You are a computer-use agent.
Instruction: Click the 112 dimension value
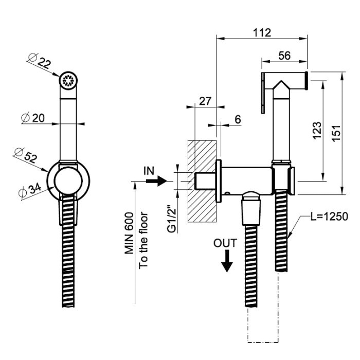(262, 32)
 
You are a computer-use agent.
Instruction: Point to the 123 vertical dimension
(317, 130)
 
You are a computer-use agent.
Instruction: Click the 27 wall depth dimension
(205, 101)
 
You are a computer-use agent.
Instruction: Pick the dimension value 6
(238, 119)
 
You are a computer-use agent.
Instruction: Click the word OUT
(226, 243)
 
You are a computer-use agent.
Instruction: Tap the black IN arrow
(161, 181)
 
